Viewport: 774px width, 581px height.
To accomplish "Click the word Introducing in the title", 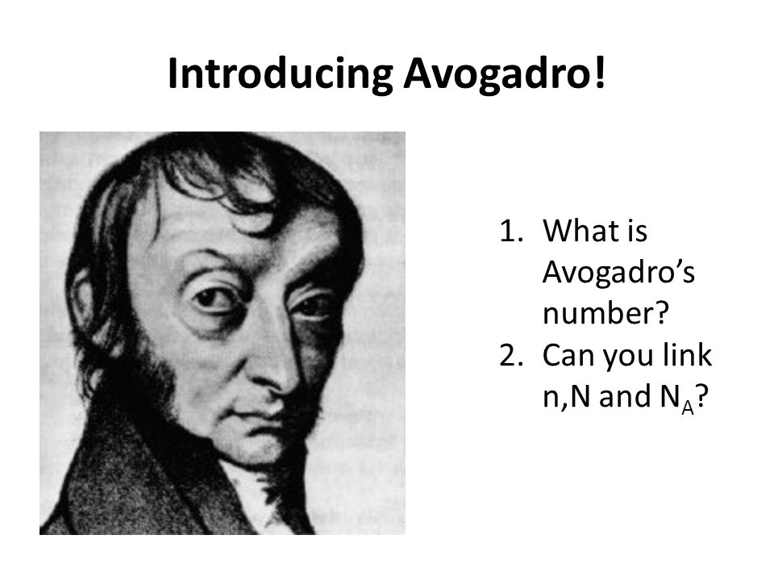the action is [x=280, y=74].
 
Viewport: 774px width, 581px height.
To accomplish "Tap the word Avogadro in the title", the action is [x=497, y=74].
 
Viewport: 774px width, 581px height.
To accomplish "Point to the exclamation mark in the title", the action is [x=599, y=72].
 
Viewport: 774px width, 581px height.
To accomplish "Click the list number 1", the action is [x=510, y=231].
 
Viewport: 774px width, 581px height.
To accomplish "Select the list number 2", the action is [x=510, y=355].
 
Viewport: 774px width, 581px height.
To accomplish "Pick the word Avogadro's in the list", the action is [x=618, y=273].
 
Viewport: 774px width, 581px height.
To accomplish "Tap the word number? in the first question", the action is [x=605, y=313].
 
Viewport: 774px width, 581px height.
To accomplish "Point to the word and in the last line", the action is [x=625, y=396].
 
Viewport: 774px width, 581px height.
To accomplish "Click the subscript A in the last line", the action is [x=688, y=408].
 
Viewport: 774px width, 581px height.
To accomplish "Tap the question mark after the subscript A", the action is [x=702, y=396].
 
